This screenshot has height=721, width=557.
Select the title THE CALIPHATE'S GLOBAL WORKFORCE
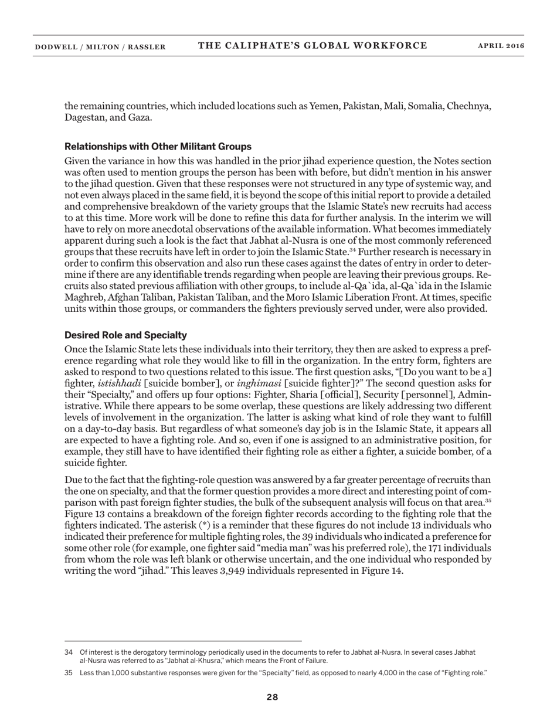tap(313, 46)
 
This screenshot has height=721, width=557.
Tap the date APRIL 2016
tap(501, 46)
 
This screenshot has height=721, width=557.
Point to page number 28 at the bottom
tap(272, 697)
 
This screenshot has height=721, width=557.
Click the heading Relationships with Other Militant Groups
tap(158, 147)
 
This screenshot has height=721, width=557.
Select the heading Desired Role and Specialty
tap(125, 335)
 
